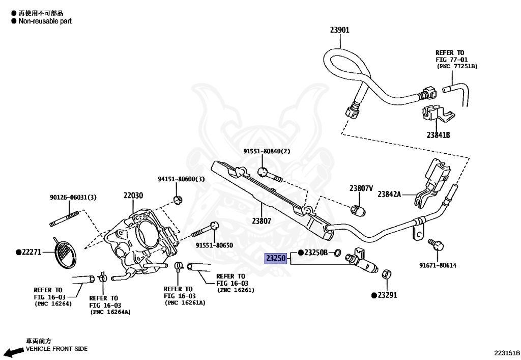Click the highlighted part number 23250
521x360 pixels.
275,258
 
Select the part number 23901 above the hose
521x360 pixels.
339,30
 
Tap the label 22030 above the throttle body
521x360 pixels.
133,196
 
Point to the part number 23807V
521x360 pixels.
361,188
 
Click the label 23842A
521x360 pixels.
389,194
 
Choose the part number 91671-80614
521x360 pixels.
438,265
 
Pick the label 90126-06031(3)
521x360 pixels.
73,198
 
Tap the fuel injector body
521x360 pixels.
362,261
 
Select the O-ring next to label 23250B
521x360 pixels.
337,253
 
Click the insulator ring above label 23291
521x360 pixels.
386,274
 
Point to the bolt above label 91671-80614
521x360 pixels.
436,244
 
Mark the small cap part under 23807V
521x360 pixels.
358,210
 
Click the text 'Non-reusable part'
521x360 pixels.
45,21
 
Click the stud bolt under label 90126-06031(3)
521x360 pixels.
64,218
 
